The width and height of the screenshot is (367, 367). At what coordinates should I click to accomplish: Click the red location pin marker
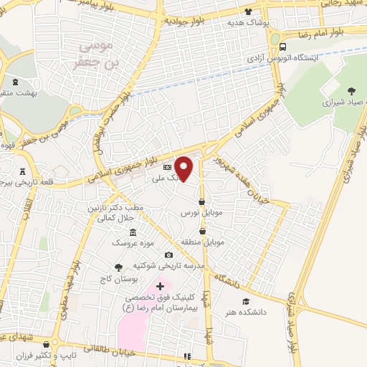tap(184, 168)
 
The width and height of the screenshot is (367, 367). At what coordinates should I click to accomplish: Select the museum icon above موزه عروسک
tap(134, 232)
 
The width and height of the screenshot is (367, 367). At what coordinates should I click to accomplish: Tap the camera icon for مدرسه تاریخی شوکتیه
tap(168, 254)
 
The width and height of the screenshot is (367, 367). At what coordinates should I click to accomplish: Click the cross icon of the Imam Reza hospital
tap(160, 287)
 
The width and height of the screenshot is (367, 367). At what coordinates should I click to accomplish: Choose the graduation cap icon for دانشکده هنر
tap(246, 301)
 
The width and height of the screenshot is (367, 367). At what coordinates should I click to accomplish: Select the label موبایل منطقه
tap(209, 242)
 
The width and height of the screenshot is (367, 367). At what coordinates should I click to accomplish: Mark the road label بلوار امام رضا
tap(316, 33)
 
